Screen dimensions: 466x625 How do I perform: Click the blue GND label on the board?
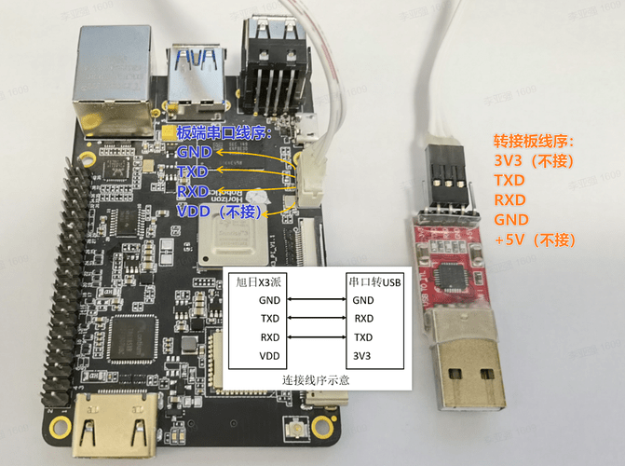point(193,152)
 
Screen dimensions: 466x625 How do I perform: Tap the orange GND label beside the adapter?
point(511,220)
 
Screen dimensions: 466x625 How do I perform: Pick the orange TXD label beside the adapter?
point(510,180)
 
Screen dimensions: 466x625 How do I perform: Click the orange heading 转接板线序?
point(533,141)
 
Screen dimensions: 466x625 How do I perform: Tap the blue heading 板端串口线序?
point(223,132)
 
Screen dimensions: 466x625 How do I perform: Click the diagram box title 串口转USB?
point(374,281)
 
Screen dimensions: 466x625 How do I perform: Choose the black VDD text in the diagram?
point(269,356)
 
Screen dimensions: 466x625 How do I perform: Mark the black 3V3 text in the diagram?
point(362,356)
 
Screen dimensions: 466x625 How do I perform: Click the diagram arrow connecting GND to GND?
point(316,300)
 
